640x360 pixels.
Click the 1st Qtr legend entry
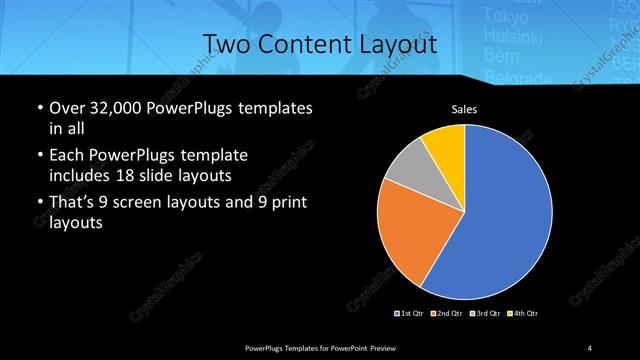[x=411, y=314]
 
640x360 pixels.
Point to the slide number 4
[x=589, y=347]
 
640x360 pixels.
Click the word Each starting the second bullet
[x=64, y=156]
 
